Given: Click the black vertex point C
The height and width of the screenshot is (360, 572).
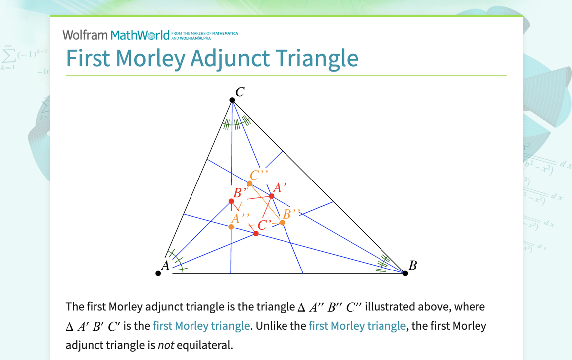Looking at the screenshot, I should pyautogui.click(x=232, y=100).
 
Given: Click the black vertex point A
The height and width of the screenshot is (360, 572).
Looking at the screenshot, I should pyautogui.click(x=158, y=273).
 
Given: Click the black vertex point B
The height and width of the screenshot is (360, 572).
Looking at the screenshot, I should pyautogui.click(x=405, y=273).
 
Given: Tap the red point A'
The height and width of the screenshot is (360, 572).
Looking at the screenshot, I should pyautogui.click(x=272, y=196).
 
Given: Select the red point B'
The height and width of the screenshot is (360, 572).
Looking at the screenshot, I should pyautogui.click(x=231, y=201).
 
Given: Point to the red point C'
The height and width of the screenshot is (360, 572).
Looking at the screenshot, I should pyautogui.click(x=256, y=233).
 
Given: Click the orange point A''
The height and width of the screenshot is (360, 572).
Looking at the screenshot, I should pyautogui.click(x=231, y=227).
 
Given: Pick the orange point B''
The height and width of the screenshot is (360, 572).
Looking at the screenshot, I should pyautogui.click(x=283, y=222).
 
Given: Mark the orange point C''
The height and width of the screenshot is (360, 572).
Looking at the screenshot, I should pyautogui.click(x=250, y=184).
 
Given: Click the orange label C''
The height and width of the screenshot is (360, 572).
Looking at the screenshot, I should pyautogui.click(x=259, y=175).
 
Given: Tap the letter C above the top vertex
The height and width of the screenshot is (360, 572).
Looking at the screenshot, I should pyautogui.click(x=240, y=92).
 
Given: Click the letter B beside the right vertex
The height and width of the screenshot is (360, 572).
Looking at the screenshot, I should pyautogui.click(x=413, y=266).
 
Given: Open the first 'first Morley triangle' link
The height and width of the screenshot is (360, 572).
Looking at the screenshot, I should pyautogui.click(x=201, y=326).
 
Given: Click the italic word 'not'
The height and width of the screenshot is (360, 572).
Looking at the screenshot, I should pyautogui.click(x=166, y=345).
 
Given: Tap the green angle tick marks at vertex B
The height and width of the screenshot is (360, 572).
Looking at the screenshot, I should pyautogui.click(x=382, y=264).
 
